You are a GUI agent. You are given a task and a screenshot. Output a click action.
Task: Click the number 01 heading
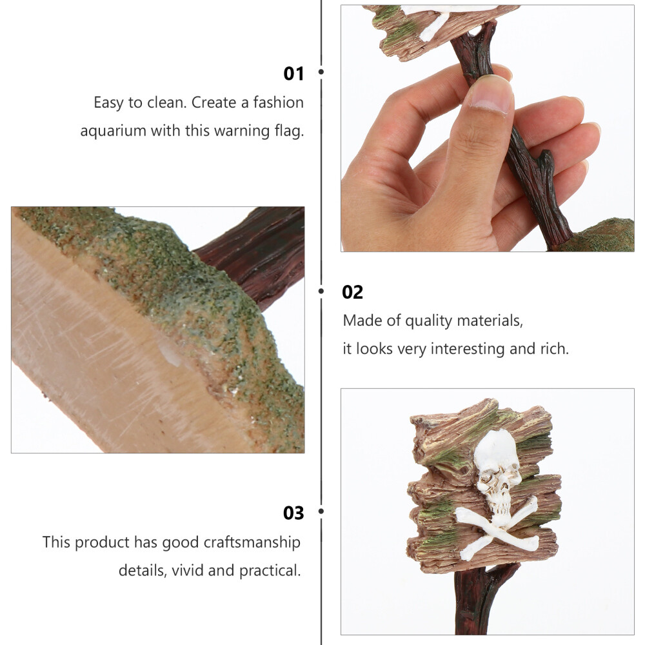point(293,74)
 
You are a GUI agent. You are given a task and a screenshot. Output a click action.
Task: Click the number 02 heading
point(353,292)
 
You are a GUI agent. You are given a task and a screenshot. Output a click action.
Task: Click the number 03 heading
point(293,513)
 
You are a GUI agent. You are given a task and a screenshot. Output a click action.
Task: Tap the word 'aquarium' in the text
point(113,131)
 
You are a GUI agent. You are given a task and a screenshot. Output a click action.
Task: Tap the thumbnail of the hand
point(488,128)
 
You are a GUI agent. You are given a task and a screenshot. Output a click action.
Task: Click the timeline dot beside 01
point(321,72)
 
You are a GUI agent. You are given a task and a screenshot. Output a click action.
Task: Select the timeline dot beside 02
point(321,292)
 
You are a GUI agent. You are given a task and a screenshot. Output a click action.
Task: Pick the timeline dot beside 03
point(321,511)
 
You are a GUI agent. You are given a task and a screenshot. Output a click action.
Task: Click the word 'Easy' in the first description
point(108,103)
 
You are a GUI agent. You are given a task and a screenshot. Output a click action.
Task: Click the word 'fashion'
point(278,103)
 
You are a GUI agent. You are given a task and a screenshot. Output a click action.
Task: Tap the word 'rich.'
point(555,349)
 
